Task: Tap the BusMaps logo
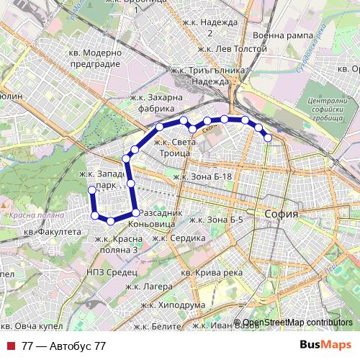point(325,345)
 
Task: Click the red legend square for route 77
point(11,346)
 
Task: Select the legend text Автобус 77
point(64,346)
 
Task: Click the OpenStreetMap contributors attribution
point(297,323)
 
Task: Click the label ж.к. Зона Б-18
point(204,176)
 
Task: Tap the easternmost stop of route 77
point(268,137)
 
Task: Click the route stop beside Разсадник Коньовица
point(135,212)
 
